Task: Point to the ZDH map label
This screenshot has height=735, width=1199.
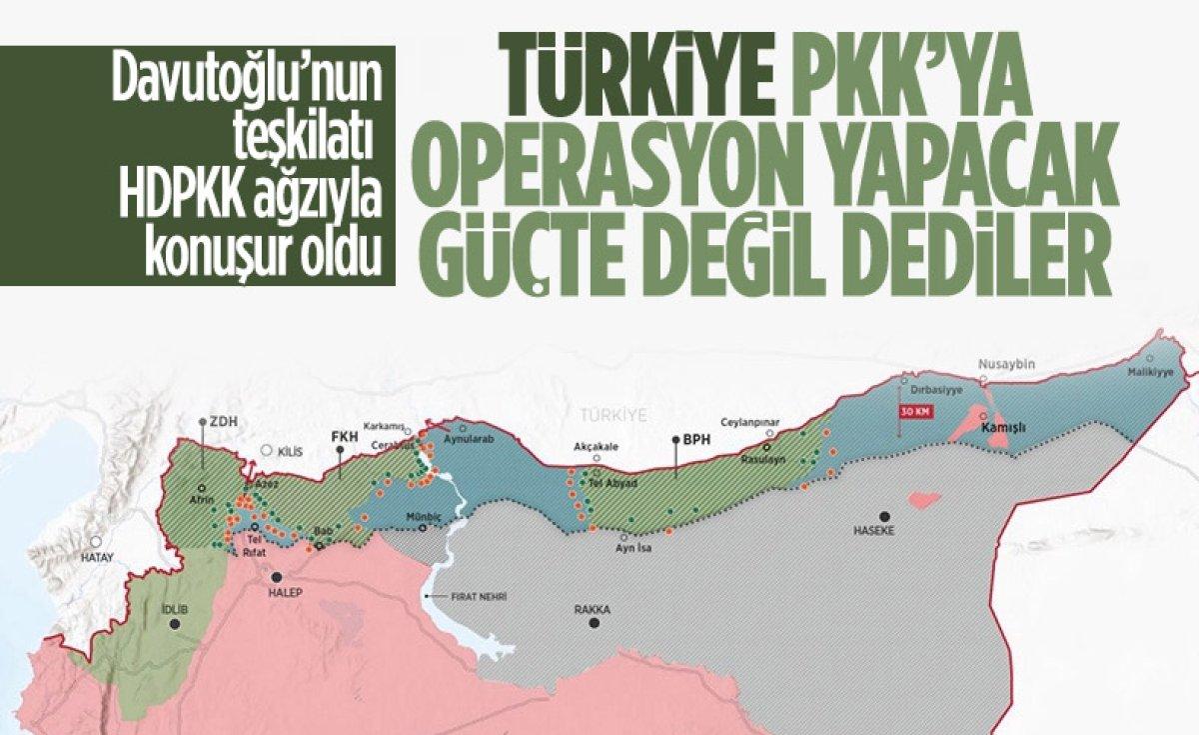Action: (x=216, y=422)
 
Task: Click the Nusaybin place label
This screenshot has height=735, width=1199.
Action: (x=1001, y=364)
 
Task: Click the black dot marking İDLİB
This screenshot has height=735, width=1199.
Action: (x=176, y=624)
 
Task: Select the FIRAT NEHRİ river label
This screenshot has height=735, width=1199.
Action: (x=481, y=596)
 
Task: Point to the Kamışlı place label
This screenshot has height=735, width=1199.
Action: (x=1005, y=428)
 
